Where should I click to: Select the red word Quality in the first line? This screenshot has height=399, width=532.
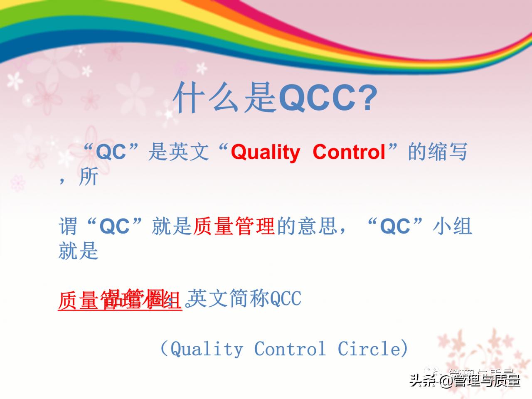[x=265, y=152]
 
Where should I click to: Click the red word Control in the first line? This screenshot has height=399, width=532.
[x=349, y=152]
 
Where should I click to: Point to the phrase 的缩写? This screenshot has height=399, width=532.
[x=438, y=152]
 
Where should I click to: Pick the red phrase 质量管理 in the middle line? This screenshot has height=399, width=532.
[x=234, y=227]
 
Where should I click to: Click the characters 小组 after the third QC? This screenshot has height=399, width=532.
[x=452, y=227]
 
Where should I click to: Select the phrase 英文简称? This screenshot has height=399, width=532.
[x=229, y=298]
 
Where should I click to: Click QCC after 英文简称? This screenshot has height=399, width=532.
[x=286, y=298]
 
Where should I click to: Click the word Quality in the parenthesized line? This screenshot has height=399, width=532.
[x=207, y=348]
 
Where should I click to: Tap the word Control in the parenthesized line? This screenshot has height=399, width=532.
[x=290, y=348]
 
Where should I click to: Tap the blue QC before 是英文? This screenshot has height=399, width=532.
[x=111, y=152]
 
